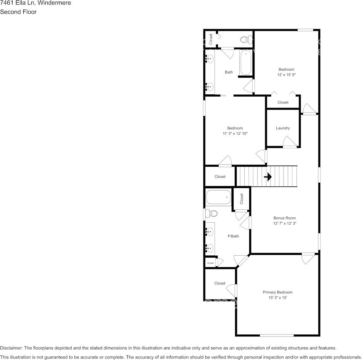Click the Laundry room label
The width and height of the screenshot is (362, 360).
coord(283,128)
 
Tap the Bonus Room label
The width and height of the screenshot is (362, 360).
coord(285,218)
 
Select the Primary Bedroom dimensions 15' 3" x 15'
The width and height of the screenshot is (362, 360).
coord(277,298)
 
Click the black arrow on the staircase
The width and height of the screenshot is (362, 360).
coord(268,177)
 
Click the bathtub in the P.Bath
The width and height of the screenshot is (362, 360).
coord(218,198)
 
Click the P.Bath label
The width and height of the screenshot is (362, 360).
coord(233,236)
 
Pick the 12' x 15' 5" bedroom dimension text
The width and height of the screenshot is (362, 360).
coord(287,75)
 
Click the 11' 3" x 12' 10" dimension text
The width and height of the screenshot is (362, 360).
coord(235,134)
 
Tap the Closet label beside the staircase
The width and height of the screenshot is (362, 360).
coord(220,177)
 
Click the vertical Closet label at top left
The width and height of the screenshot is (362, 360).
coord(211,39)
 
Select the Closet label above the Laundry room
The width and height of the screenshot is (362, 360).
coord(283,102)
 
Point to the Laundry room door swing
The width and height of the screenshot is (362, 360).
coord(289,142)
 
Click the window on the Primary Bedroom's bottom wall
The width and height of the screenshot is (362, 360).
coord(277,335)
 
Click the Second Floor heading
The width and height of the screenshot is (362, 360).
coord(18,12)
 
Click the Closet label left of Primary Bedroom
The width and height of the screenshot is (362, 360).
coord(220,283)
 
